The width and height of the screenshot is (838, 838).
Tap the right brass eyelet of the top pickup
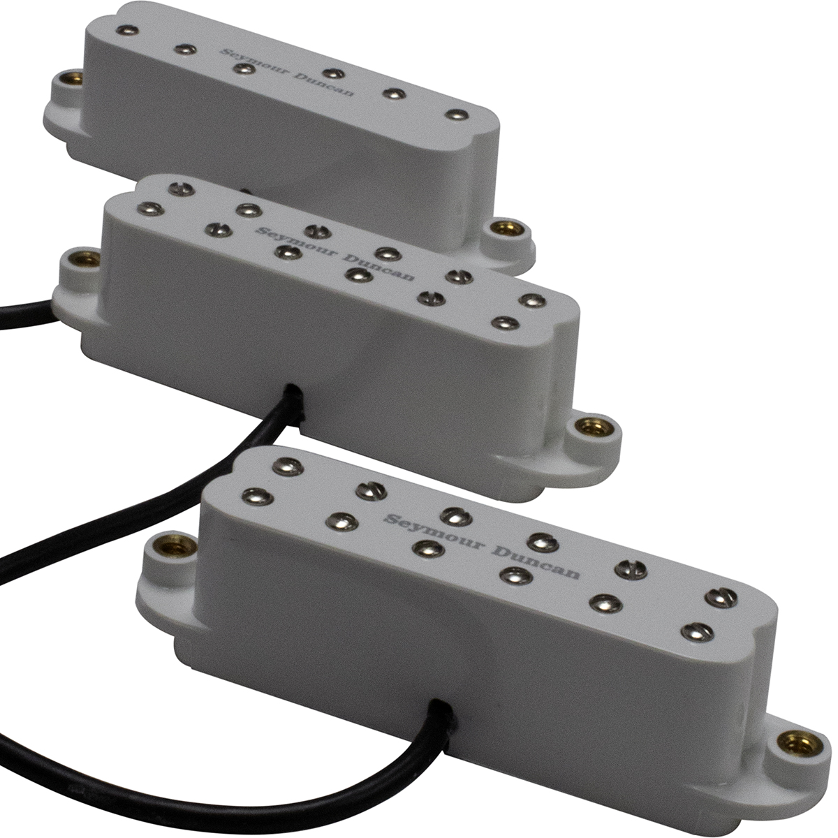[506, 229]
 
